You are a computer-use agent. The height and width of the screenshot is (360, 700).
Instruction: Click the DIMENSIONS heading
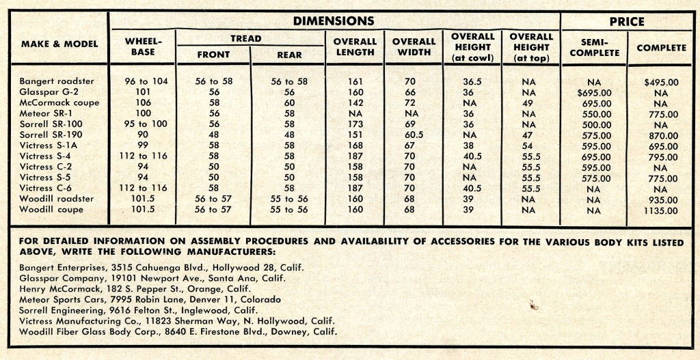pyautogui.click(x=334, y=21)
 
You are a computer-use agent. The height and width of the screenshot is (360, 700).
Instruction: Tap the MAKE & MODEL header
pyautogui.click(x=59, y=44)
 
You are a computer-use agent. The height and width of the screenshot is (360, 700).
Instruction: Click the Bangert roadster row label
pyautogui.click(x=57, y=81)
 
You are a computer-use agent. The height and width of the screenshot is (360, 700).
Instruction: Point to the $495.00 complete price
pyautogui.click(x=661, y=82)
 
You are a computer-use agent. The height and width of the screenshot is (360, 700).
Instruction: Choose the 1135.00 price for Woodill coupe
pyautogui.click(x=661, y=210)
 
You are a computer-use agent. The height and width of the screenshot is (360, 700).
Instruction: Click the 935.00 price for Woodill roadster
pyautogui.click(x=661, y=199)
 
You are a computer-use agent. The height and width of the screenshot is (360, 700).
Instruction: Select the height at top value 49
pyautogui.click(x=528, y=103)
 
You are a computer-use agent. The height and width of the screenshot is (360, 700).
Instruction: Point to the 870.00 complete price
pyautogui.click(x=661, y=135)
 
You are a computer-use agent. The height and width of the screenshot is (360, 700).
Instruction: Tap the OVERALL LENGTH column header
pyautogui.click(x=354, y=46)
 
